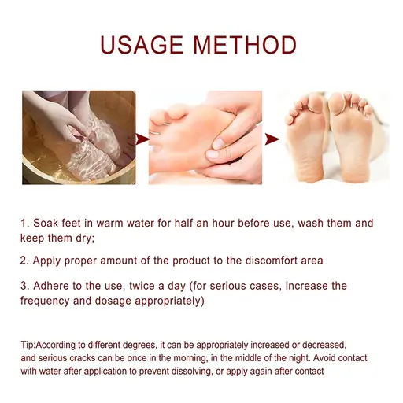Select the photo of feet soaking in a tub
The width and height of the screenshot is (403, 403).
click(x=79, y=137)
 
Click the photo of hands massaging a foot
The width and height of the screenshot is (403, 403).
click(x=205, y=137)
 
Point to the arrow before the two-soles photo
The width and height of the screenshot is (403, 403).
click(x=272, y=139)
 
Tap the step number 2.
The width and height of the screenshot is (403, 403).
click(x=24, y=260)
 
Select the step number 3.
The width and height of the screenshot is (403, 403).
click(x=24, y=286)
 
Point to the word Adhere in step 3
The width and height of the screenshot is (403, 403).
click(x=54, y=286)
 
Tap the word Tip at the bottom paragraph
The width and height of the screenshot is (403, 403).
click(x=28, y=346)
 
